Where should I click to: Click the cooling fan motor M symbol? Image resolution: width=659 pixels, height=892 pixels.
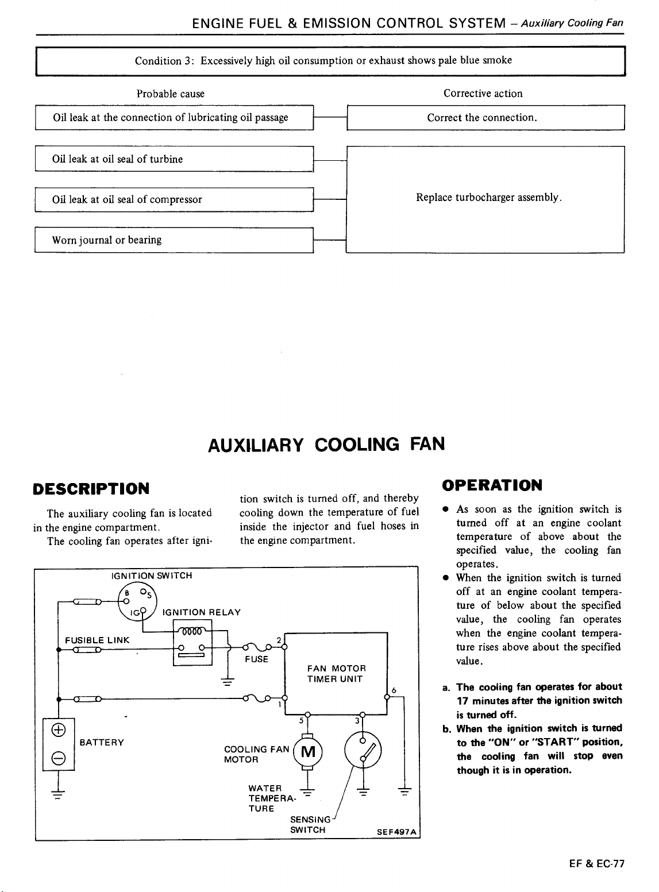[x=308, y=751]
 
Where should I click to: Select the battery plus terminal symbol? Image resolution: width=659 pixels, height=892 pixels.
[x=59, y=729]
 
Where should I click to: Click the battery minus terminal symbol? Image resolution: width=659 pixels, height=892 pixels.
[x=59, y=758]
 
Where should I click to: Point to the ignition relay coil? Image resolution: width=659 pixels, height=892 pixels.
[x=192, y=631]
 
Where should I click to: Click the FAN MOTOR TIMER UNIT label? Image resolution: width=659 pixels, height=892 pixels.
[x=336, y=674]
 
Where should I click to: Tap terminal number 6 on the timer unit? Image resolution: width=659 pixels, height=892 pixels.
[x=394, y=690]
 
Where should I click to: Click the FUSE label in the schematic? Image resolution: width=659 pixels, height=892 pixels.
[x=256, y=659]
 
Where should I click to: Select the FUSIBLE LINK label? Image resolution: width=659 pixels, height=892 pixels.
[x=97, y=640]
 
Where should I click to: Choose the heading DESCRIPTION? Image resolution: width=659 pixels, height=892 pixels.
[x=91, y=489]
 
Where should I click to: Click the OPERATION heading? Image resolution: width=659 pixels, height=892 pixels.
[x=492, y=485]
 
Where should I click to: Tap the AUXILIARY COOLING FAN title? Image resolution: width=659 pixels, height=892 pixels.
[x=326, y=445]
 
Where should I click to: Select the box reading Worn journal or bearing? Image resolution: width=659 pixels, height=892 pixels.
[x=174, y=240]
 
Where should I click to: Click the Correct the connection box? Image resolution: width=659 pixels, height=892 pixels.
[x=485, y=117]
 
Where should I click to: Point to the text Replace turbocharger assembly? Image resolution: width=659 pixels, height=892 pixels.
[x=489, y=198]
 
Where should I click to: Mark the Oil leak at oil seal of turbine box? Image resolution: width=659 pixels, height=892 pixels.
[x=174, y=159]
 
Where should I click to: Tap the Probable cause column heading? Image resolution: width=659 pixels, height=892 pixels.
[x=170, y=94]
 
